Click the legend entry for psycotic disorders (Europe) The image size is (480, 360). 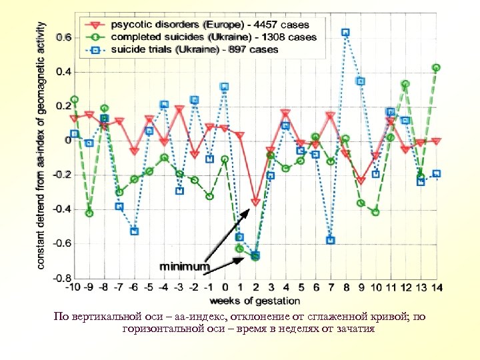pyautogui.click(x=200, y=25)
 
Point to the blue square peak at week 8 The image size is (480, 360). pyautogui.click(x=345, y=32)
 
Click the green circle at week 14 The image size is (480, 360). pyautogui.click(x=436, y=67)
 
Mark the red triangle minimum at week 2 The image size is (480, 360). pyautogui.click(x=255, y=202)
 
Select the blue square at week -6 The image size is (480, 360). pyautogui.click(x=135, y=231)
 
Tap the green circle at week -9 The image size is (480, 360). pyautogui.click(x=89, y=213)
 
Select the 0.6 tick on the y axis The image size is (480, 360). pyautogui.click(x=61, y=38)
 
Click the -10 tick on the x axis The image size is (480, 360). pyautogui.click(x=74, y=287)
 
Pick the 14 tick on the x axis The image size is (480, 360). pyautogui.click(x=436, y=287)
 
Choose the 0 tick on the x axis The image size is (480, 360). pyautogui.click(x=225, y=287)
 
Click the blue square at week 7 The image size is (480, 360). pyautogui.click(x=331, y=240)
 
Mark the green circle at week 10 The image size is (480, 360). pyautogui.click(x=375, y=213)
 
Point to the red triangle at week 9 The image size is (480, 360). pyautogui.click(x=361, y=181)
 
